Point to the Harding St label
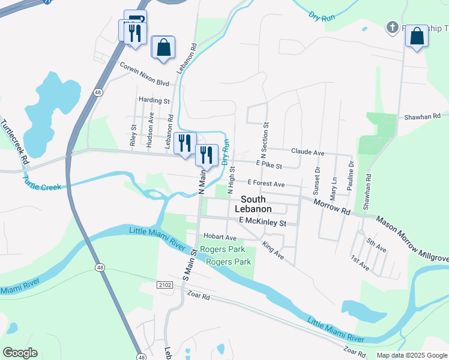point(154,101)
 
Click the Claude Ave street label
point(307,153)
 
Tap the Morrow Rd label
point(332,207)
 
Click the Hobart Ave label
point(220,237)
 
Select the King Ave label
point(273,250)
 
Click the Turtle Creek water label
point(42,184)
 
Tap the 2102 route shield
point(166,285)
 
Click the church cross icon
point(391,28)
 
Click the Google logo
point(20,353)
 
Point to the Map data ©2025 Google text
point(411,355)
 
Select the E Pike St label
point(269,164)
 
